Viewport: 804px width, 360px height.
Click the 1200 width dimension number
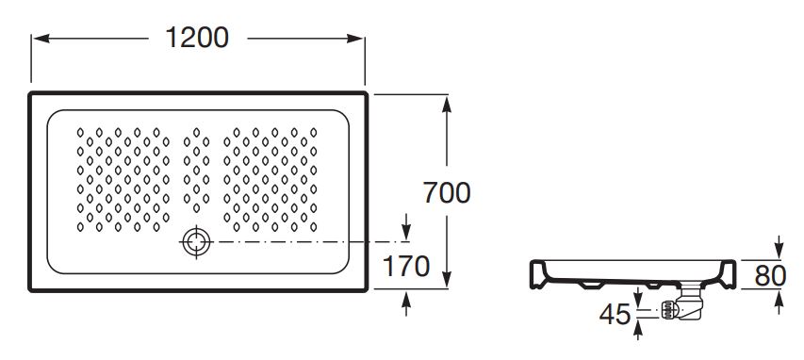[x=197, y=38]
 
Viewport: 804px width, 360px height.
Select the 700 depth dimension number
[x=447, y=193]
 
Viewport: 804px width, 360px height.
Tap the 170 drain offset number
[x=406, y=266]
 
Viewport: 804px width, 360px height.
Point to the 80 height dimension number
[x=770, y=276]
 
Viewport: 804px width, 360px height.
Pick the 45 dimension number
[x=615, y=314]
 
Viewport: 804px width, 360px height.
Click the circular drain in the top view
[x=197, y=241]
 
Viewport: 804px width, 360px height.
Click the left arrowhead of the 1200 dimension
[x=41, y=39]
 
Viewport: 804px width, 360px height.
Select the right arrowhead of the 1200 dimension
[x=354, y=39]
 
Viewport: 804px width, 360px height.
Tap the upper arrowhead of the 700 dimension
[x=447, y=104]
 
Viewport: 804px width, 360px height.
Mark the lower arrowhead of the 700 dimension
[x=447, y=279]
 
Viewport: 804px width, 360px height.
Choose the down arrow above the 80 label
[x=779, y=248]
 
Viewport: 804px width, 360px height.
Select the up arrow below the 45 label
[x=638, y=329]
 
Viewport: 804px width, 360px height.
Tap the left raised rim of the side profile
[x=537, y=274]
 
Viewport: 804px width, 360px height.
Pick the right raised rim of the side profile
[x=728, y=274]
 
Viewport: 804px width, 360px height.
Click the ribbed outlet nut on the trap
[x=666, y=310]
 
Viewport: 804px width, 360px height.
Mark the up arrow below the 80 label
[x=779, y=303]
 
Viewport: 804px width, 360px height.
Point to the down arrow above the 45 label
[x=638, y=299]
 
